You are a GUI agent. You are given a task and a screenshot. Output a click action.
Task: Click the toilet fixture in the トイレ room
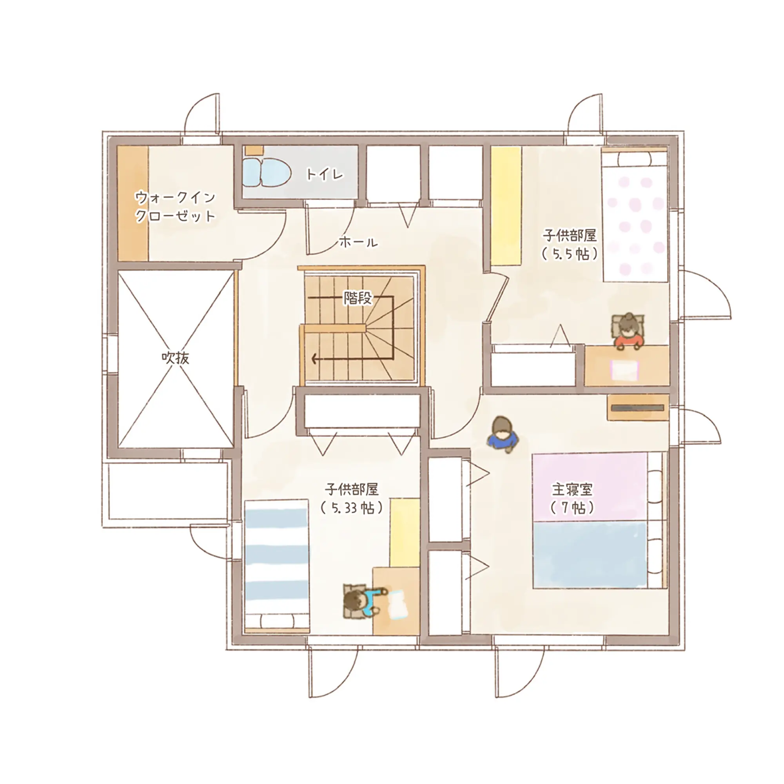pyautogui.click(x=267, y=172)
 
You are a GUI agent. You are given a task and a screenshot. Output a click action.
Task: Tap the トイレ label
pyautogui.click(x=325, y=174)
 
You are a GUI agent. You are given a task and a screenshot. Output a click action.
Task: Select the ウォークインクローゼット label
pyautogui.click(x=175, y=207)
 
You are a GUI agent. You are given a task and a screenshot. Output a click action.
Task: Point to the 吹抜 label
pyautogui.click(x=175, y=358)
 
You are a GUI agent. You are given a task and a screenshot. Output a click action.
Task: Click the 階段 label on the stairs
pyautogui.click(x=358, y=298)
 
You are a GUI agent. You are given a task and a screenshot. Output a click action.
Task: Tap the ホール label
pyautogui.click(x=358, y=242)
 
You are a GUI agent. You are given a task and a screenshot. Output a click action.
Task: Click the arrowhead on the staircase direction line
pyautogui.click(x=314, y=359)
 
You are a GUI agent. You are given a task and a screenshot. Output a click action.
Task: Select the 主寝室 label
pyautogui.click(x=572, y=489)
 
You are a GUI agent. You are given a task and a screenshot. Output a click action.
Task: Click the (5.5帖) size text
pyautogui.click(x=570, y=254)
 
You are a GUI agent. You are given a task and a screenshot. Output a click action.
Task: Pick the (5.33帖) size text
pyautogui.click(x=351, y=508)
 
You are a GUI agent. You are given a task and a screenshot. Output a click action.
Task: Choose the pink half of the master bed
pyautogui.click(x=590, y=487)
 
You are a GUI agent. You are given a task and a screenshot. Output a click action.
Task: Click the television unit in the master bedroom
pyautogui.click(x=638, y=407)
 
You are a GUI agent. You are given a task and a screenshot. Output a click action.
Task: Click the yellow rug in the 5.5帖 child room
pyautogui.click(x=506, y=206)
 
